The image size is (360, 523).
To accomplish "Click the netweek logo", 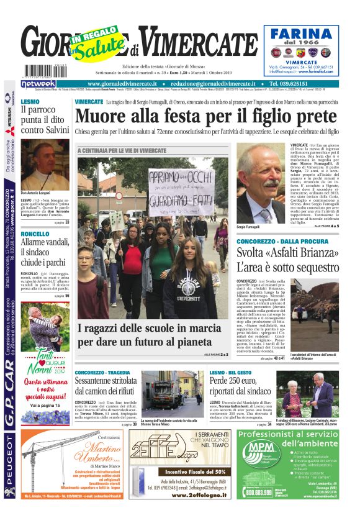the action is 38,83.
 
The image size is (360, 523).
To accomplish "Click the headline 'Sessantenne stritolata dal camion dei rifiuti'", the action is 106,386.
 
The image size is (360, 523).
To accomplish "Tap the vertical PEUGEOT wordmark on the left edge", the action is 9,465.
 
